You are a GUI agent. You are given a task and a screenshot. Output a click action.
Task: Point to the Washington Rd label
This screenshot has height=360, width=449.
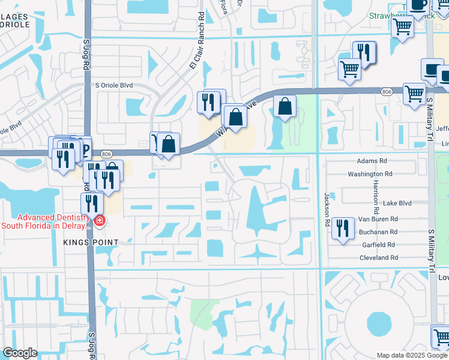coord(370,174)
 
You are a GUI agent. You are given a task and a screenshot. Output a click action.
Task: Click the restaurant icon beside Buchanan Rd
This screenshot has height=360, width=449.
coord(343,228)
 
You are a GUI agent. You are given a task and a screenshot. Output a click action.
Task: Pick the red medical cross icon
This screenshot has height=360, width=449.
coord(98,222)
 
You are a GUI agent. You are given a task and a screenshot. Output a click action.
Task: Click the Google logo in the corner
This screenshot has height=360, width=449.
coord(19,353)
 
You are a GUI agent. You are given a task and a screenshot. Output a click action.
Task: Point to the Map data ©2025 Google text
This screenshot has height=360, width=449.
coord(412,355)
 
